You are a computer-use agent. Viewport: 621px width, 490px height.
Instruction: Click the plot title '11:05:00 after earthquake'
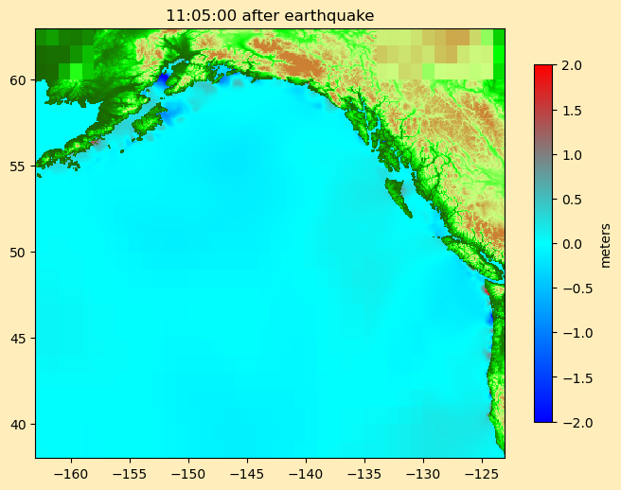[270, 15]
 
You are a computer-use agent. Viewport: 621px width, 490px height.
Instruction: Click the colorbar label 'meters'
[606, 244]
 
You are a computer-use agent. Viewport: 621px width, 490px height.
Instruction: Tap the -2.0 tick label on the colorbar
[567, 422]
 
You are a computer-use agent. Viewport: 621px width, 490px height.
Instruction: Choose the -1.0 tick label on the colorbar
[567, 333]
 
